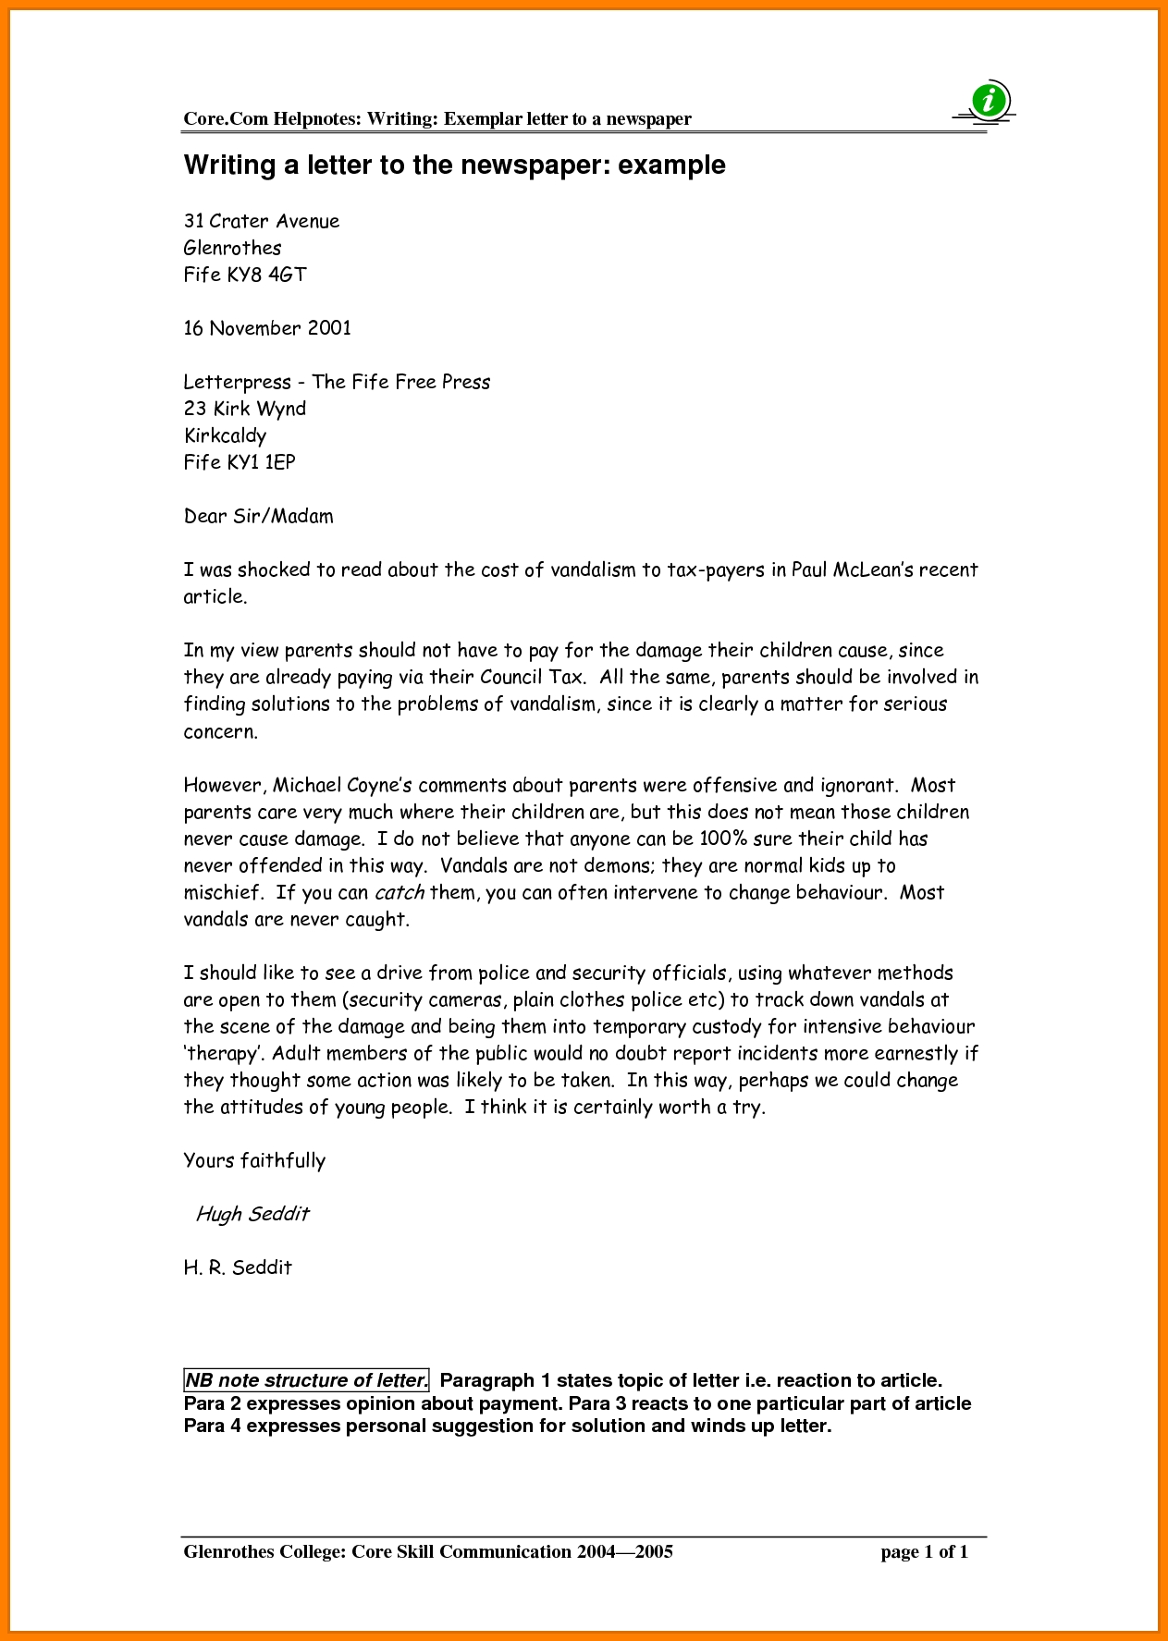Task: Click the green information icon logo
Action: pyautogui.click(x=990, y=99)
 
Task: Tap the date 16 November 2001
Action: pyautogui.click(x=267, y=328)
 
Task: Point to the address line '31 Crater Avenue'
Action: pyautogui.click(x=262, y=221)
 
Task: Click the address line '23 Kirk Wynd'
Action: pyautogui.click(x=245, y=409)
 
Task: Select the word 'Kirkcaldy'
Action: pyautogui.click(x=225, y=435)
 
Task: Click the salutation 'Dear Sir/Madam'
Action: pyautogui.click(x=258, y=516)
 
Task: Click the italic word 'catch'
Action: pyautogui.click(x=400, y=893)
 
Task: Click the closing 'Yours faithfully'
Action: pyautogui.click(x=254, y=1161)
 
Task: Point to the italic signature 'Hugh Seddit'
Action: pyautogui.click(x=252, y=1214)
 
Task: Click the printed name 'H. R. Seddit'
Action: pyautogui.click(x=238, y=1267)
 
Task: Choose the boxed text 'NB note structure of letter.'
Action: pyautogui.click(x=306, y=1380)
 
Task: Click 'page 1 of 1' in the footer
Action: pyautogui.click(x=924, y=1551)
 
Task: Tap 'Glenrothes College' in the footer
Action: pyautogui.click(x=262, y=1551)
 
